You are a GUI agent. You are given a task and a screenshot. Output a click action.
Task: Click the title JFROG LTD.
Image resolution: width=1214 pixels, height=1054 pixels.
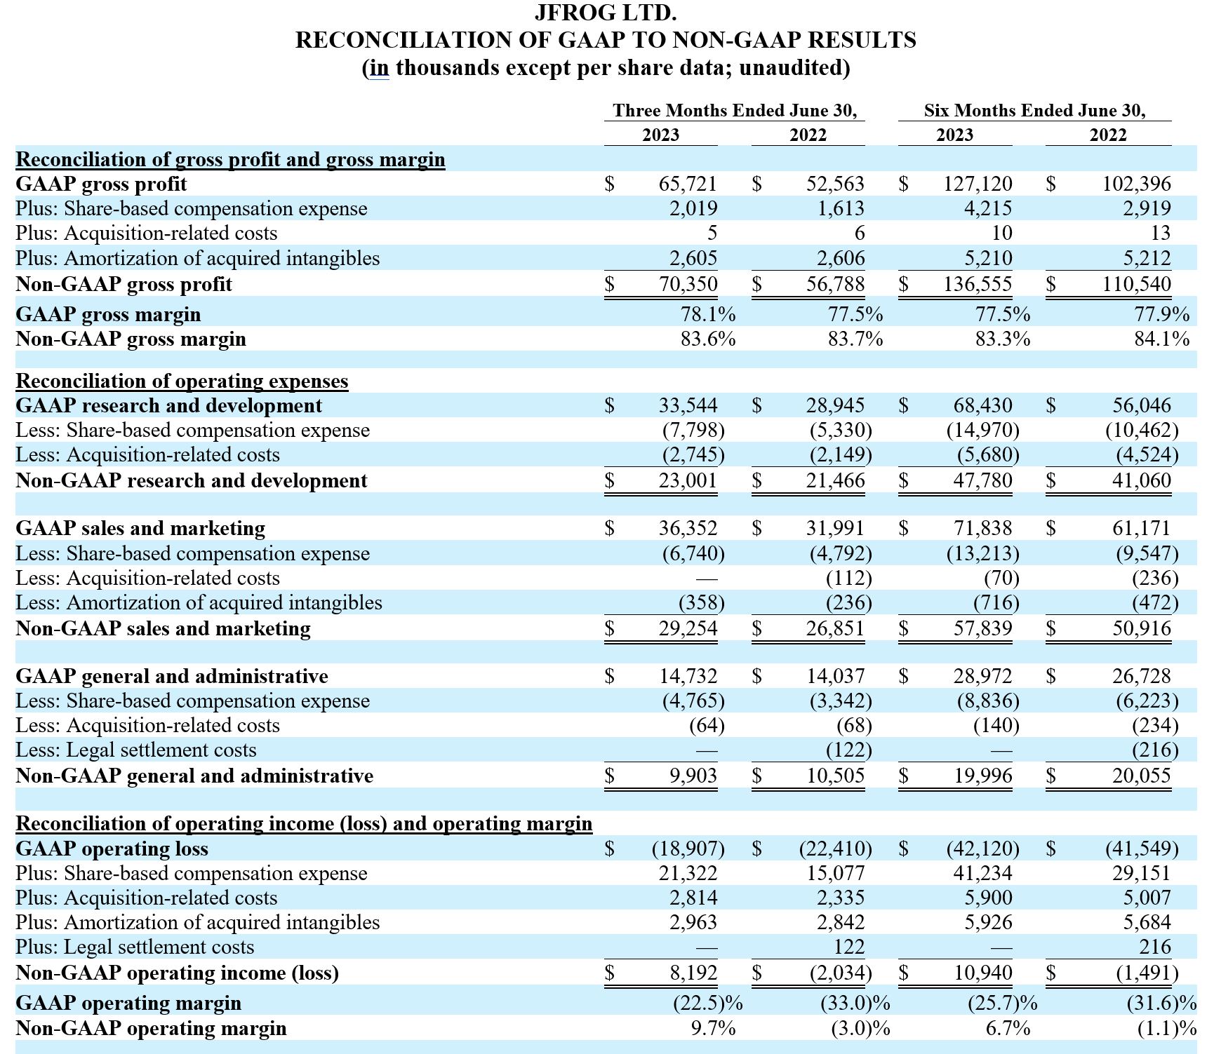click(606, 13)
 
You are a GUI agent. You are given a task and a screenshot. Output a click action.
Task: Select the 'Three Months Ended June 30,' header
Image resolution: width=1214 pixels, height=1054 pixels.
click(734, 111)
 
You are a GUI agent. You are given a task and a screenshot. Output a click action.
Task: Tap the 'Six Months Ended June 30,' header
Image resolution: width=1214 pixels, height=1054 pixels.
click(1034, 111)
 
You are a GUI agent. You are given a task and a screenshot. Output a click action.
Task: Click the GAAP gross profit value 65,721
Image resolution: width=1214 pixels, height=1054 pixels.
click(688, 184)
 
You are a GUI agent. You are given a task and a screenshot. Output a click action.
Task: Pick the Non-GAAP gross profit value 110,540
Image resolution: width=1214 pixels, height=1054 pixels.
click(1136, 284)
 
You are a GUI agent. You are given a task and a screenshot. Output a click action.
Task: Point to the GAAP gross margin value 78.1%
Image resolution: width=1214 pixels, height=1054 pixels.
click(708, 314)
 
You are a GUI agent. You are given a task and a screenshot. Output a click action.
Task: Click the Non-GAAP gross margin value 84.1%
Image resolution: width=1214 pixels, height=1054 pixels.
click(1161, 339)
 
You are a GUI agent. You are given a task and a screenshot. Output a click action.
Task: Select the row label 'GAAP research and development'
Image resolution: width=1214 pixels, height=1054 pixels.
click(168, 405)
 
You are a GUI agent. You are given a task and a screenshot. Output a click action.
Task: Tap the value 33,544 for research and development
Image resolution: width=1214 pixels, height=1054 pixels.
click(688, 405)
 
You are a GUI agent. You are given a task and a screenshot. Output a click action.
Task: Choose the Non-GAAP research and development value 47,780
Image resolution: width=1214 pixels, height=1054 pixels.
click(982, 480)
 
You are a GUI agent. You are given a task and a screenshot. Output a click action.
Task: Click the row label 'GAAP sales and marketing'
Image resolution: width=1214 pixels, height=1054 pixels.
click(140, 528)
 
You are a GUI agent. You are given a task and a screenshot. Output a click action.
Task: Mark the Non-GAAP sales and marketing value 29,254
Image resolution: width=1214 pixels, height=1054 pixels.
click(688, 628)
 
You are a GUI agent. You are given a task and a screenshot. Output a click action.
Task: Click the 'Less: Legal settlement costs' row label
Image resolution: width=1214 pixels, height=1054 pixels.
click(136, 750)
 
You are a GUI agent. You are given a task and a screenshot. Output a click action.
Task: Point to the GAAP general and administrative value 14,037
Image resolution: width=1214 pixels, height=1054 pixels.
click(835, 676)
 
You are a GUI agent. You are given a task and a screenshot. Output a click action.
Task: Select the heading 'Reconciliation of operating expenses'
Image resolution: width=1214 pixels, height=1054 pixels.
click(182, 381)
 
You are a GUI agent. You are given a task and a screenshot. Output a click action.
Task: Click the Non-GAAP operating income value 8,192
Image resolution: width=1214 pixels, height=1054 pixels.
click(693, 973)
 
